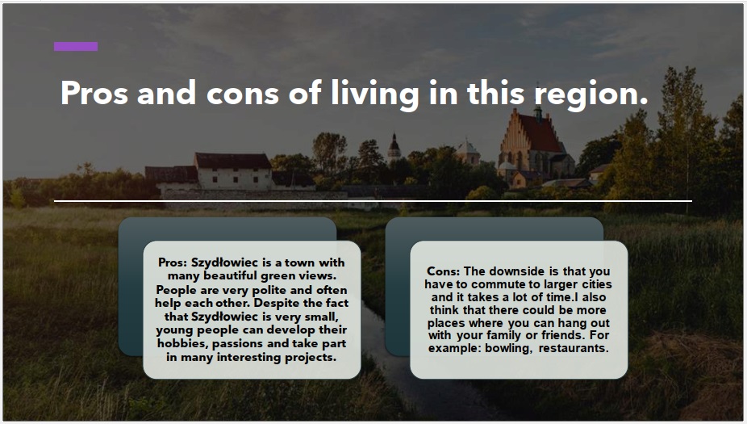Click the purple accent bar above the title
[76, 46]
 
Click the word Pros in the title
[94, 93]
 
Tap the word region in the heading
[591, 94]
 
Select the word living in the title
[375, 94]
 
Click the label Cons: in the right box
[443, 271]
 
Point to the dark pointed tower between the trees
[394, 147]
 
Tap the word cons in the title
[243, 94]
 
